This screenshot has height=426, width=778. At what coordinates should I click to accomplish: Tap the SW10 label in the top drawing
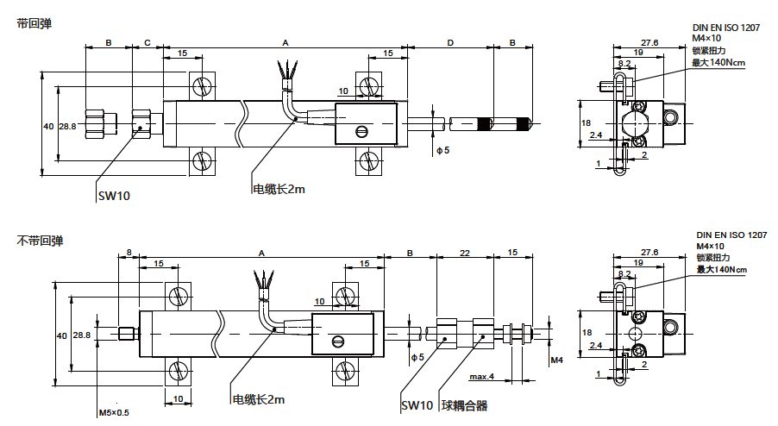pyautogui.click(x=114, y=196)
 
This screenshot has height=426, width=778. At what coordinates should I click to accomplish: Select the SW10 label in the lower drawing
pyautogui.click(x=417, y=405)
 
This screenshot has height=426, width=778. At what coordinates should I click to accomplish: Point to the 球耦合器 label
pyautogui.click(x=465, y=405)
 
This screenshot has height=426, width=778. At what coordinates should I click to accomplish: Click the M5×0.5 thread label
pyautogui.click(x=114, y=413)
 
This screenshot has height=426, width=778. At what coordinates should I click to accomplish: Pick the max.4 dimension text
pyautogui.click(x=481, y=377)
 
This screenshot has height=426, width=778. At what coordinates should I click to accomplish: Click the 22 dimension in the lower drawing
pyautogui.click(x=465, y=253)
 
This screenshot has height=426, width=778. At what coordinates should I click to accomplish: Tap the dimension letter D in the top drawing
pyautogui.click(x=450, y=42)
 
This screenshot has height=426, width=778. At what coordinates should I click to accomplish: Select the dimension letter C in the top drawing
pyautogui.click(x=147, y=42)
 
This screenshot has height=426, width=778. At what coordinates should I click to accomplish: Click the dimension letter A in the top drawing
pyautogui.click(x=285, y=42)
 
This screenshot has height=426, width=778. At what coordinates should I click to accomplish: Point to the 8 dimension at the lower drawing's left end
pyautogui.click(x=129, y=253)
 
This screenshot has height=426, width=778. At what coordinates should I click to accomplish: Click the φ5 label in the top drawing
pyautogui.click(x=443, y=151)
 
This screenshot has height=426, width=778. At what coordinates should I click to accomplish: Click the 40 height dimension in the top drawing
pyautogui.click(x=48, y=126)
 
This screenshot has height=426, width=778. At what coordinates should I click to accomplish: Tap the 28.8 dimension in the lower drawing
pyautogui.click(x=82, y=335)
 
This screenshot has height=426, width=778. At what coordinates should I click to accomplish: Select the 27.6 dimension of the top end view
pyautogui.click(x=649, y=42)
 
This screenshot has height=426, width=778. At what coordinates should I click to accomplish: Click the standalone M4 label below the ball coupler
pyautogui.click(x=556, y=360)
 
